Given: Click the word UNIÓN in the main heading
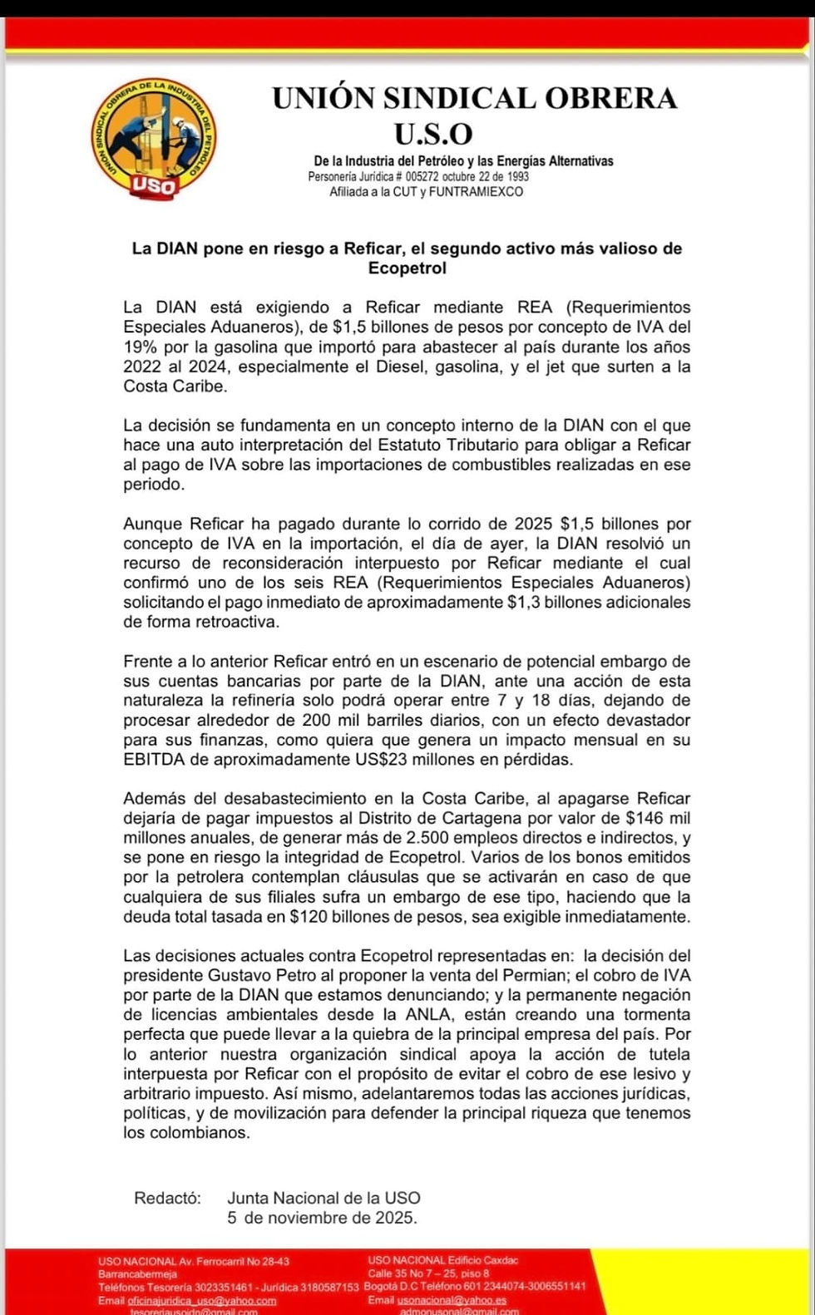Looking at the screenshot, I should click(x=324, y=98).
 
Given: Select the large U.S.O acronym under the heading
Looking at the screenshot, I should click(x=432, y=133).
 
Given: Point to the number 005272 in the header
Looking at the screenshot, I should click(x=422, y=176).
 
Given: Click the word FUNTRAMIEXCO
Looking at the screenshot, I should click(x=477, y=192).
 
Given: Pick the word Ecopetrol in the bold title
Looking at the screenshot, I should click(x=407, y=268).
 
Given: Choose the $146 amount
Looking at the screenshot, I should click(x=645, y=819).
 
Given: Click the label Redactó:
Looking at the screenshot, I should click(x=167, y=1199).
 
